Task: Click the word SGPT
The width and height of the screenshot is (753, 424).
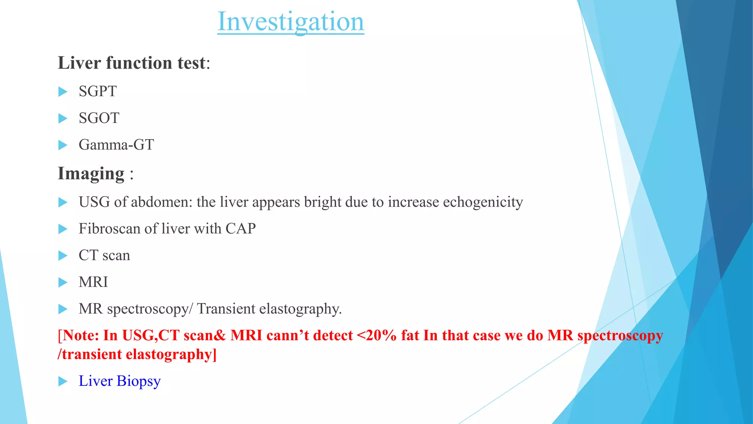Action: point(97,91)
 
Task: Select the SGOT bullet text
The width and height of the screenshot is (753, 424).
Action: point(99,118)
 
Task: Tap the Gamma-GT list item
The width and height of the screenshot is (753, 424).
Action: point(116,145)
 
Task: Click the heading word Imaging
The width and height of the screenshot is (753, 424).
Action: point(91,173)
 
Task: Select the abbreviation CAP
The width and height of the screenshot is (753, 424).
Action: point(240,229)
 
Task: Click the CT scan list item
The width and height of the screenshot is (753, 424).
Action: point(104,255)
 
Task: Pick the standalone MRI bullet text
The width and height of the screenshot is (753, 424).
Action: point(93,282)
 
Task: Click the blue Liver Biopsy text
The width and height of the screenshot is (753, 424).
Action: point(119,381)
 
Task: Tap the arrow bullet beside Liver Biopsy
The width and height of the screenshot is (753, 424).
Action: point(63,381)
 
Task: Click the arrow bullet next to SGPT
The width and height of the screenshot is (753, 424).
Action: point(63,92)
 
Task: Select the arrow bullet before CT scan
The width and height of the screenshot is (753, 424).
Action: point(63,256)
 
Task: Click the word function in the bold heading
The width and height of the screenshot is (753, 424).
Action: point(139,63)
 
